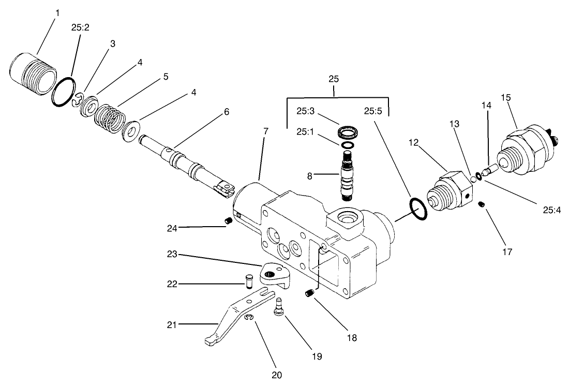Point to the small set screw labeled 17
click(482, 206)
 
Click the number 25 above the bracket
click(334, 79)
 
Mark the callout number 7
click(265, 131)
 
